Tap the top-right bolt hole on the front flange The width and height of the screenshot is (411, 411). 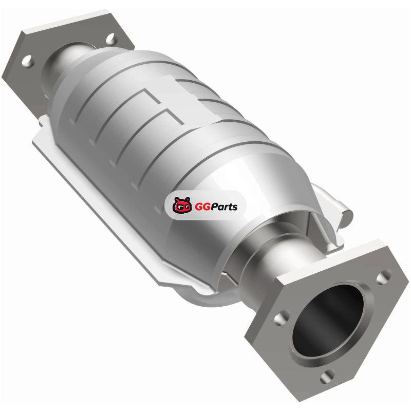(x=384, y=277)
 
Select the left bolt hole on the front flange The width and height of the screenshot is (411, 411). (x=282, y=317)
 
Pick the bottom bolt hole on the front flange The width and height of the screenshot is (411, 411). (x=327, y=377)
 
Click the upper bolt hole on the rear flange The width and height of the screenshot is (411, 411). (x=112, y=40)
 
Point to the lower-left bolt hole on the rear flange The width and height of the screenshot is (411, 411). (x=28, y=61)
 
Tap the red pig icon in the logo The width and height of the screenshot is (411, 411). (x=182, y=205)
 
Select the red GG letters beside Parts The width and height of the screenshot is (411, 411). (x=202, y=207)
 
